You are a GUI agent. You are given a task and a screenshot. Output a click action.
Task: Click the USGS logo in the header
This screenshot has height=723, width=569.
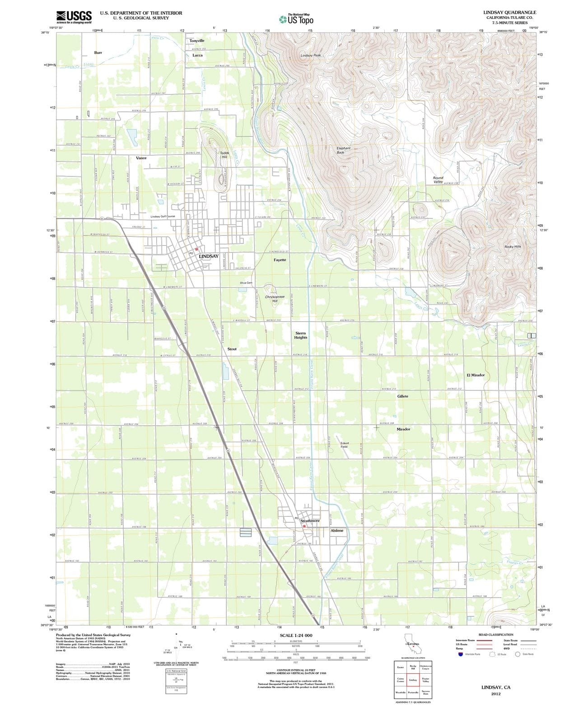[74, 17]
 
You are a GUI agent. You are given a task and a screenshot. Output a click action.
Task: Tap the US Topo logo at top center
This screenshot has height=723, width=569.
[296, 19]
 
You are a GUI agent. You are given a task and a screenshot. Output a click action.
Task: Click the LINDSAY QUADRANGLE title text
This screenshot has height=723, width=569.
[509, 12]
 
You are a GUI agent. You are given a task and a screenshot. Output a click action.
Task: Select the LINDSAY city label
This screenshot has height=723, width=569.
[209, 256]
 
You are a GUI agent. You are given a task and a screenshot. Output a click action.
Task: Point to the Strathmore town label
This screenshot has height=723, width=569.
[310, 521]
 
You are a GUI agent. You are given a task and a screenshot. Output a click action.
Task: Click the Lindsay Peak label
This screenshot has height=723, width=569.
[311, 55]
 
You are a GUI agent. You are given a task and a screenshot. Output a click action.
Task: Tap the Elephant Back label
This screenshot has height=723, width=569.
[343, 150]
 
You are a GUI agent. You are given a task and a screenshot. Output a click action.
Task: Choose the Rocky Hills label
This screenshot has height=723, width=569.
[513, 247]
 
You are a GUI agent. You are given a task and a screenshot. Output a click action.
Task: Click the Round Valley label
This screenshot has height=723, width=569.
[438, 180]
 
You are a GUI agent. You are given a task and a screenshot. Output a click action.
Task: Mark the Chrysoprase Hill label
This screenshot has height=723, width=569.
[275, 299]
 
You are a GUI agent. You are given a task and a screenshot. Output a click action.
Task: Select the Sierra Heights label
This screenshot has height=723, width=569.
[301, 335]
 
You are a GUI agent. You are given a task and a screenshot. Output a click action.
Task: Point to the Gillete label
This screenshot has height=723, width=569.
[402, 396]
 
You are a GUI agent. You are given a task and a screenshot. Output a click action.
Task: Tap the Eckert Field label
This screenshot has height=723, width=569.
[344, 445]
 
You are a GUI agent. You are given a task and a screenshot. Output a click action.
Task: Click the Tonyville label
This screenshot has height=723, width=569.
[197, 41]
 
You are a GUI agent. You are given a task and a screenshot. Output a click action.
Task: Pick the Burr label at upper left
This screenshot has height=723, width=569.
[98, 52]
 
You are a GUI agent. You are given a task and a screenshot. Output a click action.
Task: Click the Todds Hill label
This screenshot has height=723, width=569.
[224, 155]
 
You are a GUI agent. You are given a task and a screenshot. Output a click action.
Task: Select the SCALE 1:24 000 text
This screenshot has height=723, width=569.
[296, 635]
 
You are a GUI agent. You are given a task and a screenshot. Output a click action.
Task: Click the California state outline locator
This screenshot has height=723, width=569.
[412, 644]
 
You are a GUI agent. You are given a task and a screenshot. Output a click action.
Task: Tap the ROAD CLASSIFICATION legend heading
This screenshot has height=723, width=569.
[495, 634]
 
